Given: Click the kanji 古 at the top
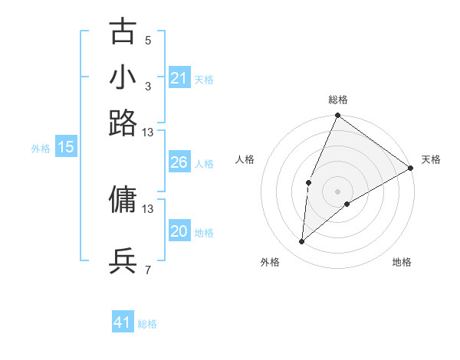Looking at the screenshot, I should tap(123, 32).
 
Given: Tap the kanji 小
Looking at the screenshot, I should tap(123, 77).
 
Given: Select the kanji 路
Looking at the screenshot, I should tap(123, 123).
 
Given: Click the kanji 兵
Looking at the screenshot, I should tap(123, 261).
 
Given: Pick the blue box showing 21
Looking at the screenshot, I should tap(179, 78).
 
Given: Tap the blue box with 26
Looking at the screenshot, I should tap(179, 162).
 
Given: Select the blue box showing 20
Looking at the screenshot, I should tap(179, 231).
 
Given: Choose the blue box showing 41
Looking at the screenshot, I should tap(123, 322).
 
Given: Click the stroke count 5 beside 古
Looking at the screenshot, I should tap(148, 40).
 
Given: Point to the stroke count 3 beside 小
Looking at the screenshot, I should tap(148, 86).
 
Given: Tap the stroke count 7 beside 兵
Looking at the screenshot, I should tap(148, 270).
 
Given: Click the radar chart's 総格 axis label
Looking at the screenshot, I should tap(337, 100).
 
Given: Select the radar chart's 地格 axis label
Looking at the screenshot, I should tap(402, 262).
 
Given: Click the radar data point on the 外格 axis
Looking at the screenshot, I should tap(302, 242).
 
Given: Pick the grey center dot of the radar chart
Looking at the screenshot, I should tap(337, 191).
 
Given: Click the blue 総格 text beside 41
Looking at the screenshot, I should tap(147, 324).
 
